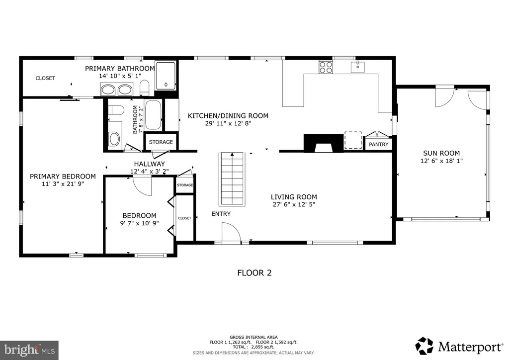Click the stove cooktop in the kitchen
point(326,67)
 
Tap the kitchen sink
point(357,67)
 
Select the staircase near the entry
point(232,179)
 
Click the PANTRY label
point(378,145)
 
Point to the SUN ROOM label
point(441,153)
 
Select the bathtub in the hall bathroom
point(153,115)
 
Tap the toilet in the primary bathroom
point(145,88)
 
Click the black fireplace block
point(323,143)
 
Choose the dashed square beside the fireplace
point(353,140)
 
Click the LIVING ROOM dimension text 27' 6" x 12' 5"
point(294,204)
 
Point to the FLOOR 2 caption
point(254,272)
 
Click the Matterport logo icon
point(424,346)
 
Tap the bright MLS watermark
point(29,350)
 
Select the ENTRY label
point(221,214)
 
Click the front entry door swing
point(231,232)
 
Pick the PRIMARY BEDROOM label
point(63,177)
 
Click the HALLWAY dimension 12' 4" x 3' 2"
point(149,172)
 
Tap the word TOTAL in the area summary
point(239,347)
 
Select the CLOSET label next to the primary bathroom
point(45,78)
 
